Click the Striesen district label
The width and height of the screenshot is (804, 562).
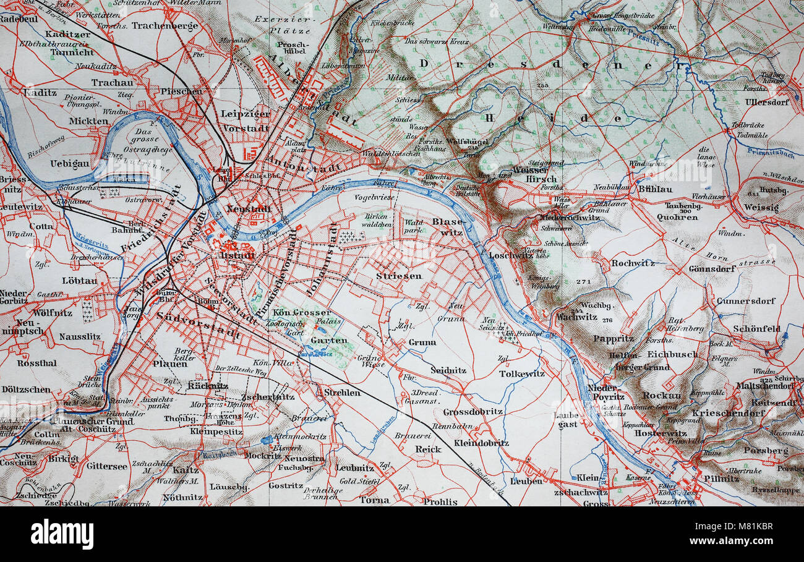398,276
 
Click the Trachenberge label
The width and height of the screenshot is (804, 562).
165,26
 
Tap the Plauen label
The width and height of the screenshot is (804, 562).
169,364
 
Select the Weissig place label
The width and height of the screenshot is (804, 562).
761,208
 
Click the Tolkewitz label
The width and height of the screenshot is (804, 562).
522,373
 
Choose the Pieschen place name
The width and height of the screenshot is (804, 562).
181,92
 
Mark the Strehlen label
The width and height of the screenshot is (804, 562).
342,392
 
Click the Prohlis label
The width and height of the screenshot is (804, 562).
440,501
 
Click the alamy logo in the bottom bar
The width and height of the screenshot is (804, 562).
62,534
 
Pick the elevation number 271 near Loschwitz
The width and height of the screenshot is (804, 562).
583,282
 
